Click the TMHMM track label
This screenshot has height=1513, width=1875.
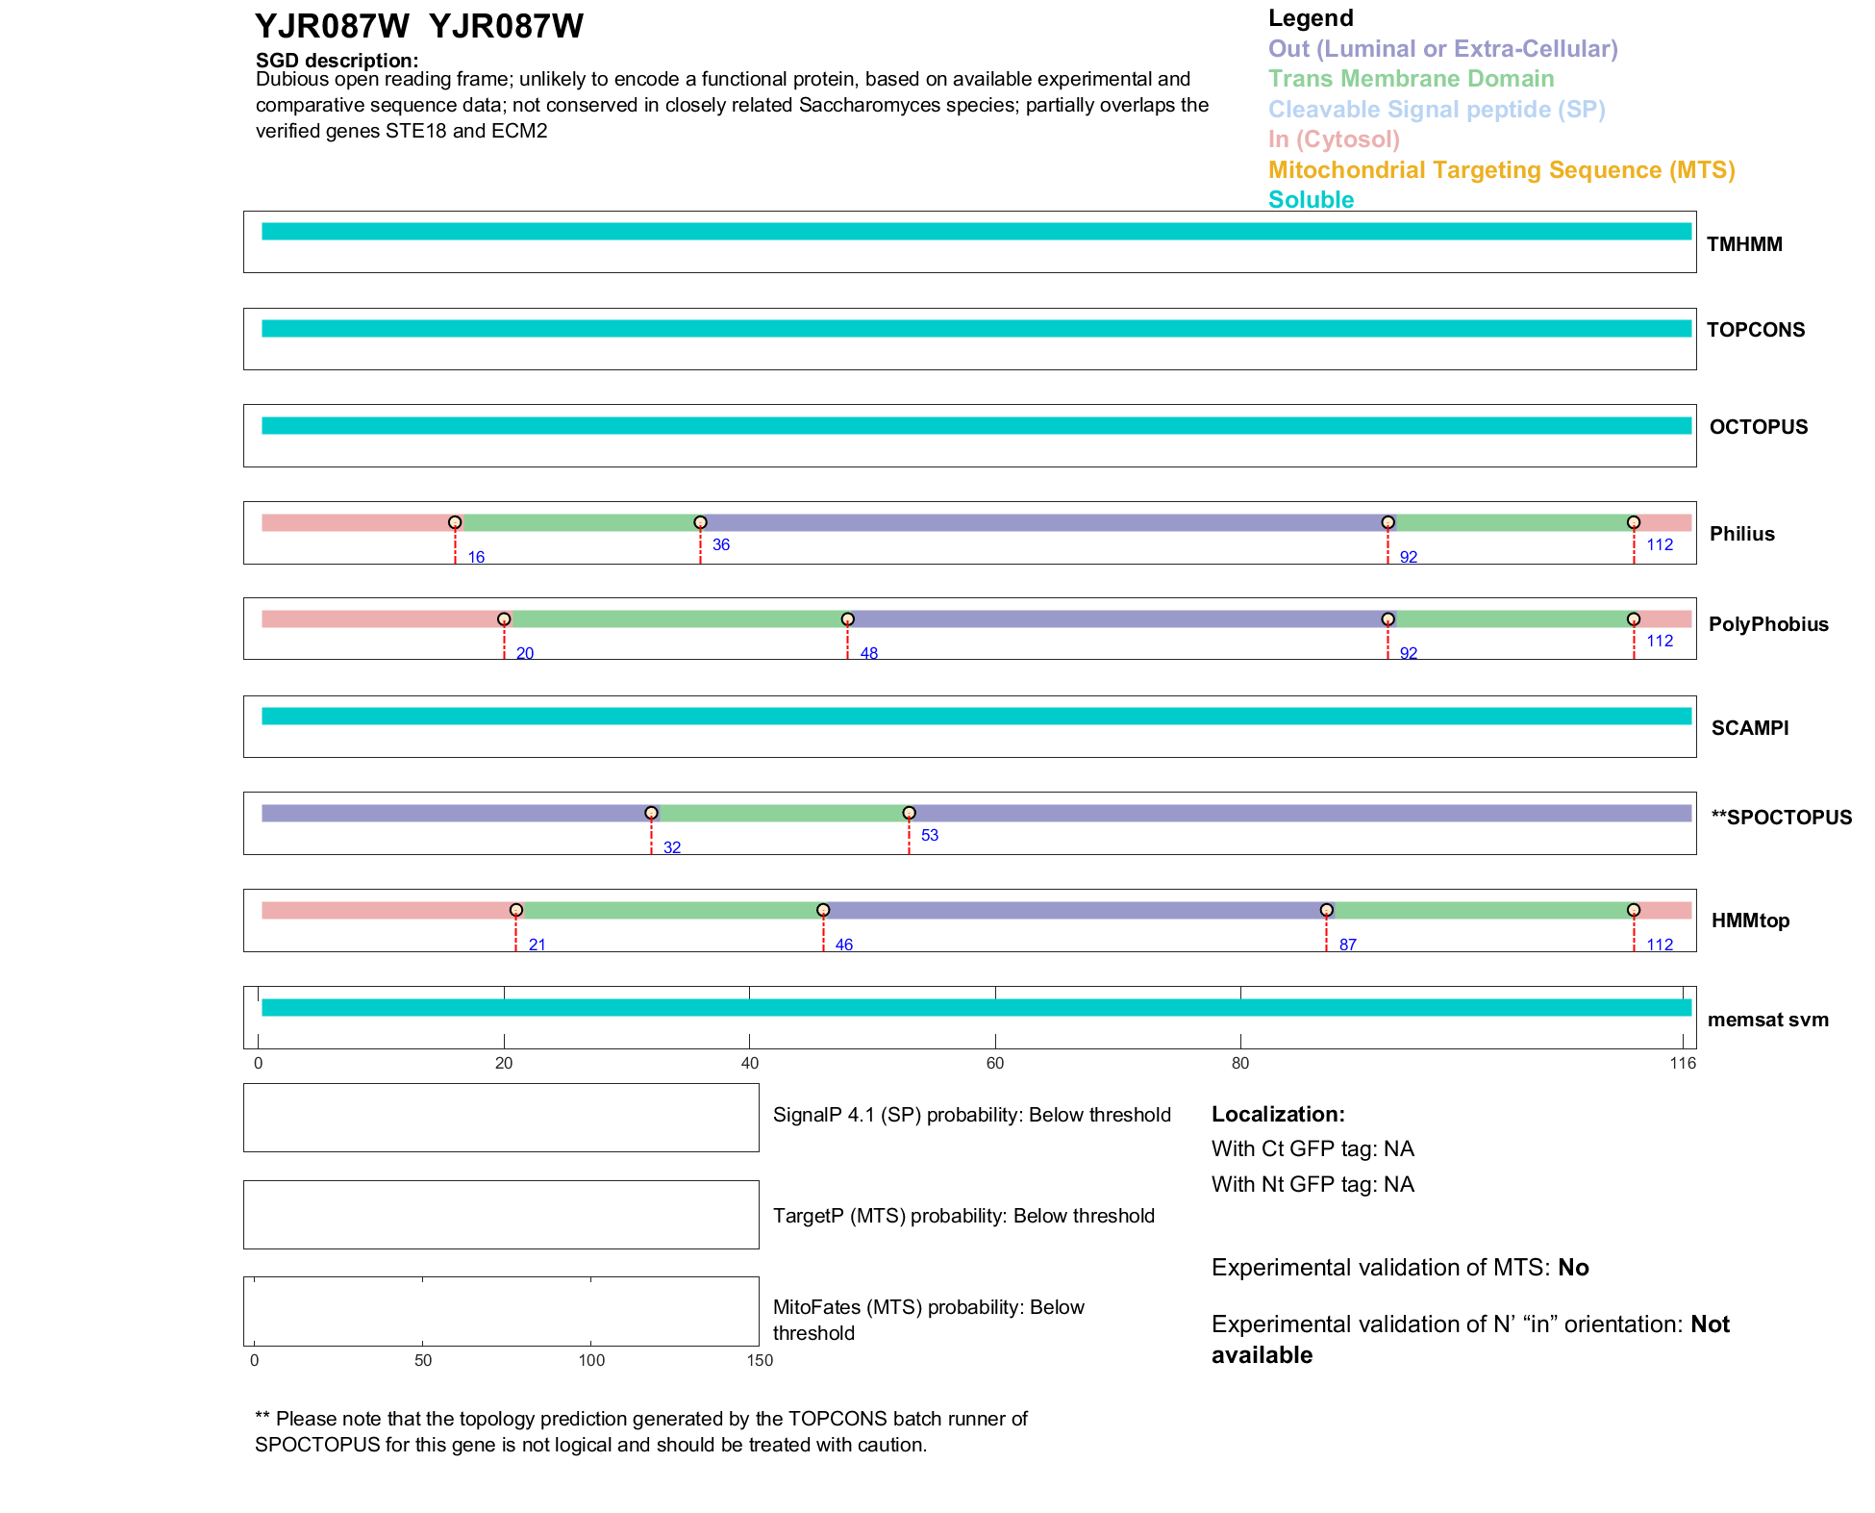[1743, 244]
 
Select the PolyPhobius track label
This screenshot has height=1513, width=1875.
[1767, 624]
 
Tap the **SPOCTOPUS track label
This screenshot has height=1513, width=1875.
[1781, 818]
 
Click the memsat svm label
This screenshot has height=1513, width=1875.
[1767, 1020]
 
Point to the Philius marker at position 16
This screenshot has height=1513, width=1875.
[455, 522]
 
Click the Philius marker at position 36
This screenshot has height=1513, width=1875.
[700, 522]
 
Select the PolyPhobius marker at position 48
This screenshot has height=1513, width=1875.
[847, 619]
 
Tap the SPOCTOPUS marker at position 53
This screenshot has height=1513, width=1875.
[909, 813]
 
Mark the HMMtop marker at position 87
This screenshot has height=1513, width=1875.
[1326, 910]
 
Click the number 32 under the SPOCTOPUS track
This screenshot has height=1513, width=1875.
[672, 847]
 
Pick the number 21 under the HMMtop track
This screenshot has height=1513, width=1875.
[537, 945]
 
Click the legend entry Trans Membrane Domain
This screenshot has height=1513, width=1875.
[1411, 79]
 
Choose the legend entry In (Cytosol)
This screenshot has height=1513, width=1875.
[1333, 139]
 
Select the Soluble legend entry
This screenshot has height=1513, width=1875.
[1311, 200]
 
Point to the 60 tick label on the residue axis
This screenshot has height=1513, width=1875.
[994, 1063]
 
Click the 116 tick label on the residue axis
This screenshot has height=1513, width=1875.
[1683, 1063]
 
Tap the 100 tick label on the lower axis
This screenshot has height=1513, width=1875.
[591, 1360]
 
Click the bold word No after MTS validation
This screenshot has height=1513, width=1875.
[1573, 1268]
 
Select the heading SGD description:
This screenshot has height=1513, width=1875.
[337, 61]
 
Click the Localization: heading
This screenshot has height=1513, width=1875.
[1278, 1114]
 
